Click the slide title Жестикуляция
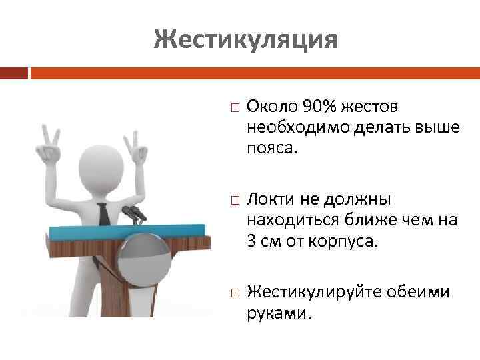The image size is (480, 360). coord(245,39)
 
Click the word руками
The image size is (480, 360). coord(279,312)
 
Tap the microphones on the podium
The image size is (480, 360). coord(133,214)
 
